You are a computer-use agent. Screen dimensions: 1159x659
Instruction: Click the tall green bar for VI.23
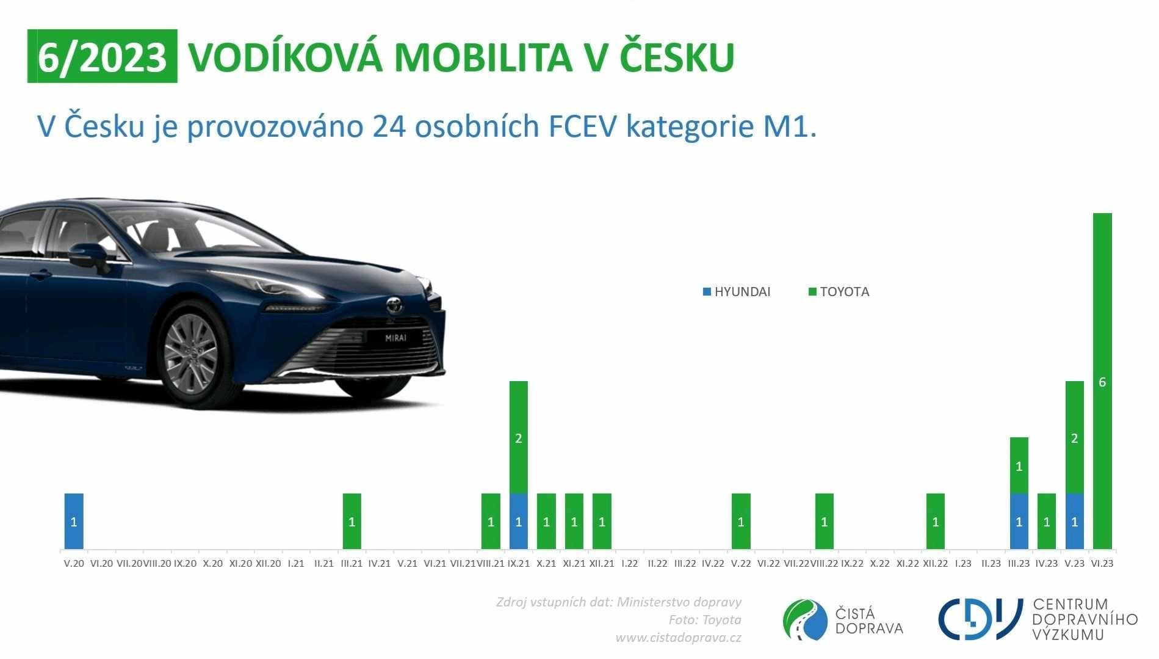1102,380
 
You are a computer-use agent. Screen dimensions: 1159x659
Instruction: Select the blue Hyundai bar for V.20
74,521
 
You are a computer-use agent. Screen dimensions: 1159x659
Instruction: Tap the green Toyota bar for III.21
352,521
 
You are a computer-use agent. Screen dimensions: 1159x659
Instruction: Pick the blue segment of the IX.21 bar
518,521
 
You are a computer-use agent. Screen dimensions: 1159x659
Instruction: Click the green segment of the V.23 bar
1074,437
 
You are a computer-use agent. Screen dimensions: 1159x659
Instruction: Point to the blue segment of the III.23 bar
1019,521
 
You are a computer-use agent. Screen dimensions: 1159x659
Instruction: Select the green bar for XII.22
935,521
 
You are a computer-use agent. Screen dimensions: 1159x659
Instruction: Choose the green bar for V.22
741,521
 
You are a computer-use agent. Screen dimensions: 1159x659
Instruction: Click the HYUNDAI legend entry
737,292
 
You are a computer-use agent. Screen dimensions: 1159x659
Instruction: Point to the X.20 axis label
213,563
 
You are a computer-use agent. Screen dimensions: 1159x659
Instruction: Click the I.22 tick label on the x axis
629,563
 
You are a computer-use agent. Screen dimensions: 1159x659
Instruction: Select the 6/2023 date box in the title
102,56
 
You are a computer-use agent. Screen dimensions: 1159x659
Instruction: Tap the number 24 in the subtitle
389,126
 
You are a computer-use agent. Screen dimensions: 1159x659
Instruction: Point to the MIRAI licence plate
395,337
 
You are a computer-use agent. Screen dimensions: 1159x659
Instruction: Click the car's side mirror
88,255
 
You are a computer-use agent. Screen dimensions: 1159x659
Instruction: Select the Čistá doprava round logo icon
805,620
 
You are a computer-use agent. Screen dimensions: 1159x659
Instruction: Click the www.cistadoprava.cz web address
678,638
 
